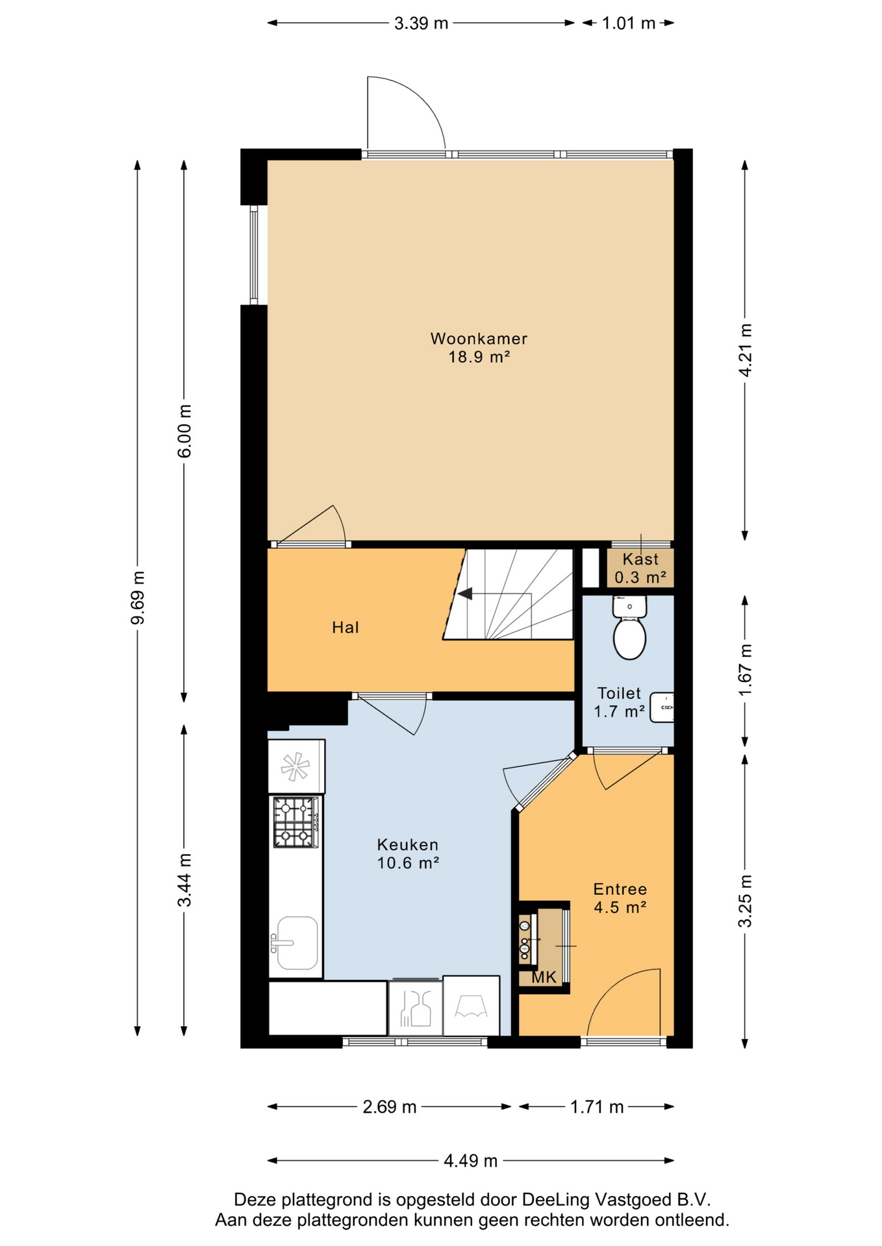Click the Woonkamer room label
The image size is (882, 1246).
pos(479,338)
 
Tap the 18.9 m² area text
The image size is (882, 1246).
pos(479,356)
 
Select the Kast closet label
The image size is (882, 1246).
pos(640,559)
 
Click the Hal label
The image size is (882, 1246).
pos(346,628)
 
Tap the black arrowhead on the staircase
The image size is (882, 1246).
pos(464,594)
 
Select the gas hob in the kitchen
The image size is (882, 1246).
pos(296,822)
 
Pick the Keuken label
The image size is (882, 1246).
pos(408,844)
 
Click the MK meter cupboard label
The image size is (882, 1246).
pos(544,977)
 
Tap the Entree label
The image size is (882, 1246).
pos(620,889)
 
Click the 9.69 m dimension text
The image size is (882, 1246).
pos(137,598)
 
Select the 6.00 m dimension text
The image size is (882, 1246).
pos(184,431)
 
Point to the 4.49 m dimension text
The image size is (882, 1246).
pos(471,1160)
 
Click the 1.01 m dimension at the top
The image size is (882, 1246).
pos(629,23)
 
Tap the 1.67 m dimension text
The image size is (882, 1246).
pos(745,670)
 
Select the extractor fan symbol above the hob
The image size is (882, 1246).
pos(295,766)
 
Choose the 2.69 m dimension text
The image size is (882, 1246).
pos(390,1106)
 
